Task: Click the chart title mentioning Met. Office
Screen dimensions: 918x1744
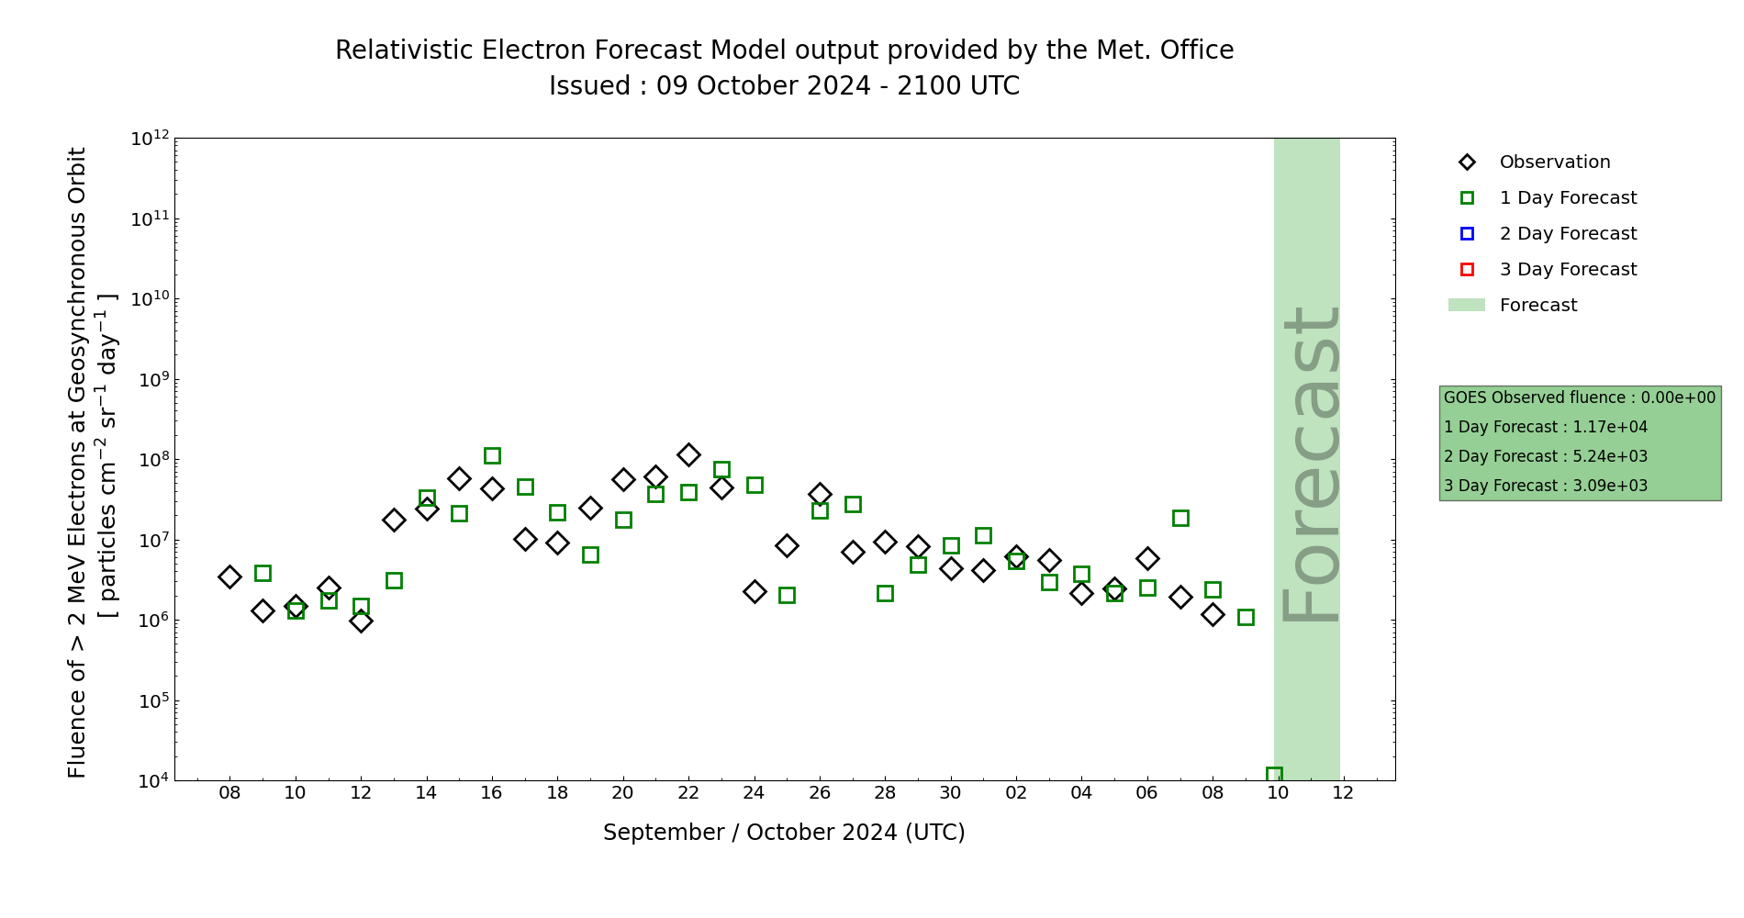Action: point(784,50)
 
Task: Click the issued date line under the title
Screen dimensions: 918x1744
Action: point(784,86)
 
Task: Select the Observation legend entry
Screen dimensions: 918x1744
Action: point(1554,162)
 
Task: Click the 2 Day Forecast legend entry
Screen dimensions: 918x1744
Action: point(1567,234)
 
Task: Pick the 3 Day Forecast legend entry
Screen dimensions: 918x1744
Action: point(1567,270)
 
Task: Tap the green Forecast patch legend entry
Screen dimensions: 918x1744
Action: point(1537,306)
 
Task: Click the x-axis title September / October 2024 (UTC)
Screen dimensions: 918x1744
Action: point(784,833)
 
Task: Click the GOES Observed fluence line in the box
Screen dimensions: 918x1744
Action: point(1579,398)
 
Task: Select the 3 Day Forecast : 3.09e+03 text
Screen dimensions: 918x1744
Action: point(1546,487)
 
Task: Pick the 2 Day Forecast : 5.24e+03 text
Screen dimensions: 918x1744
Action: point(1546,457)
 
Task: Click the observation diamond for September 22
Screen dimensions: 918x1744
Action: point(688,454)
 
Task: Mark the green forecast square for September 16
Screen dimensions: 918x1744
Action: point(492,455)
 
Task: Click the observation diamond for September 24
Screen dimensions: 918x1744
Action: point(755,592)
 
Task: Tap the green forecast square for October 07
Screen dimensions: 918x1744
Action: point(1180,518)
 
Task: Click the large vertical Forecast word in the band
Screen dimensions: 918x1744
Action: point(1309,464)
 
